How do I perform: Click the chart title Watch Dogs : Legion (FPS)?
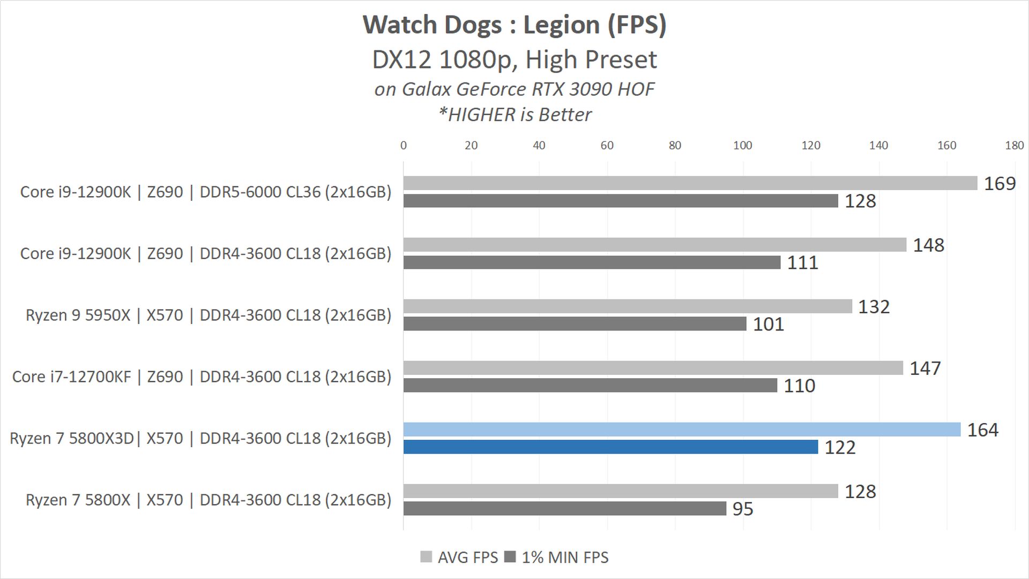(x=514, y=25)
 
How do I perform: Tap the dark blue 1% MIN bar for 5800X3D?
(x=610, y=447)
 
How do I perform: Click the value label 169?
(x=1000, y=184)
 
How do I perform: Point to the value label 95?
(x=742, y=509)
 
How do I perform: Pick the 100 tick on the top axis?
(x=742, y=145)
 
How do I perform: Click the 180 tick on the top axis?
(x=1014, y=145)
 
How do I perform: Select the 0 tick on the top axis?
(x=404, y=145)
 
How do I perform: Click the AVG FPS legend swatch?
(x=426, y=557)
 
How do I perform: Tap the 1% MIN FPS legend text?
(x=565, y=558)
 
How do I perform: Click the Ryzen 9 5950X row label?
(x=208, y=315)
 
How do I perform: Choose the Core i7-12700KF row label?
(x=202, y=377)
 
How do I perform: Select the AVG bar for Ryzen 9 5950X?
(x=627, y=306)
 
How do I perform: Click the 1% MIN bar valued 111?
(x=592, y=262)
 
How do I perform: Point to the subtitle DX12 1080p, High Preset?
(x=514, y=59)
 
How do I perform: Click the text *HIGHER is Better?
(x=514, y=115)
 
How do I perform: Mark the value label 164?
(x=982, y=430)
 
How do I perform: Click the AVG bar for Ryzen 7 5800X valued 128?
(x=620, y=491)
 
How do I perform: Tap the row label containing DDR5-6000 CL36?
(x=206, y=192)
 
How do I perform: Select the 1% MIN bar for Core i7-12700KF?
(x=590, y=386)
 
